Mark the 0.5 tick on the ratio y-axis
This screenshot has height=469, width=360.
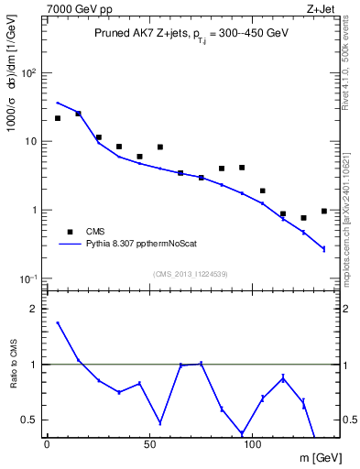coord(27,420)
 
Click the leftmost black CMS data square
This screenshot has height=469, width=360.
coord(57,118)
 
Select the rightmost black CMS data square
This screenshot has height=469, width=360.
coord(324,211)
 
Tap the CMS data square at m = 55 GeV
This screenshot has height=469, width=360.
coord(159,147)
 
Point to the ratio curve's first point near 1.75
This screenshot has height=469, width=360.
coord(57,322)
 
